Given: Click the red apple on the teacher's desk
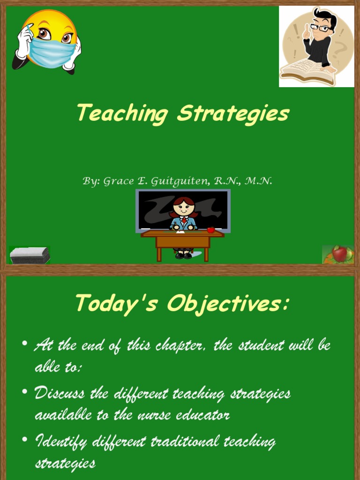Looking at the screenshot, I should point(211,230).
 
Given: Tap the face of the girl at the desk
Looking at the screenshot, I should point(184,207).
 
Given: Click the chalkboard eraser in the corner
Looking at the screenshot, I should point(30,255).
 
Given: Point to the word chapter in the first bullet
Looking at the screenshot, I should point(180,346).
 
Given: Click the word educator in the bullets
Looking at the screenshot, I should point(202,415).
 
